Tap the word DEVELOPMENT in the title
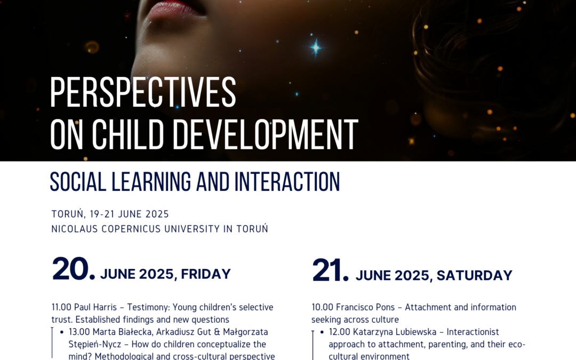coord(265,134)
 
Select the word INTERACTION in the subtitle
coord(287,181)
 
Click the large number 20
coord(74,269)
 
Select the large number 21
coord(330,270)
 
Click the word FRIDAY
coord(206,274)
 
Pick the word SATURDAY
coord(474,276)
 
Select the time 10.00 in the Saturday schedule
coord(322,307)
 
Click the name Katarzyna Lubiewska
coord(395,332)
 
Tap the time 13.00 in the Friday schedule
coord(79,332)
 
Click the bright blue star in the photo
coord(316,47)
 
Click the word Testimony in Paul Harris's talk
coord(148,307)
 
